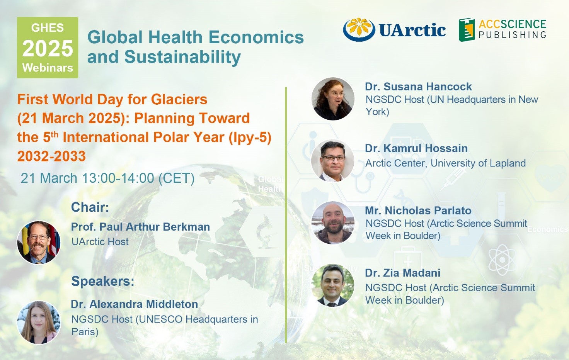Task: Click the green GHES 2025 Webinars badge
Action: pyautogui.click(x=48, y=48)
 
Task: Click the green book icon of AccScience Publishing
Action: pyautogui.click(x=467, y=30)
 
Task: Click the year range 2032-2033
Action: pyautogui.click(x=51, y=156)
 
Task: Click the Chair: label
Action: pyautogui.click(x=90, y=207)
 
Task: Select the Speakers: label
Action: pyautogui.click(x=103, y=281)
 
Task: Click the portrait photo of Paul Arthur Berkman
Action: pyautogui.click(x=39, y=243)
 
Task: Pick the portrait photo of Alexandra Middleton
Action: pyautogui.click(x=39, y=323)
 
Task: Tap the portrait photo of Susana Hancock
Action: pyautogui.click(x=333, y=99)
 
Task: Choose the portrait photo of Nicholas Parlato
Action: pyautogui.click(x=333, y=223)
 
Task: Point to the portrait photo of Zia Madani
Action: pyautogui.click(x=333, y=285)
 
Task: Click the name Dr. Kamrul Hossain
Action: pyautogui.click(x=416, y=149)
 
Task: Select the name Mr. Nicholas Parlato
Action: pyautogui.click(x=418, y=211)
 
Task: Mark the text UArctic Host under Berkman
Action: pyautogui.click(x=100, y=242)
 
